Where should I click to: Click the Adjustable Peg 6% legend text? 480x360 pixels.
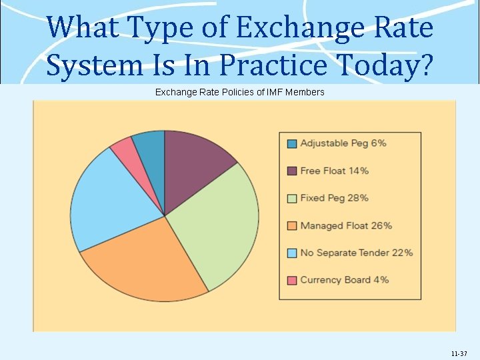tap(343, 143)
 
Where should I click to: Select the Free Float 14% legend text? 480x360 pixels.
tap(334, 171)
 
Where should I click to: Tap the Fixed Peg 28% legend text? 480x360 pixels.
tap(334, 198)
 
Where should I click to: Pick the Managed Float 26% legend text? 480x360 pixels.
tap(346, 225)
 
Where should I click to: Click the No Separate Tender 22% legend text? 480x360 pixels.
tap(357, 253)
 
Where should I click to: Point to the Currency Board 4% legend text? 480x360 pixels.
tap(345, 280)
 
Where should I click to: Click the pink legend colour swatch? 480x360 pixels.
tap(292, 280)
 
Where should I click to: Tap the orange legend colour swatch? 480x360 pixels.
tap(292, 225)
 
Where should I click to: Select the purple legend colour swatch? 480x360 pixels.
tap(292, 171)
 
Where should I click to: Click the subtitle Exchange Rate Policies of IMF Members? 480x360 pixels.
tap(240, 92)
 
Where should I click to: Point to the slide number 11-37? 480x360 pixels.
tap(459, 353)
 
